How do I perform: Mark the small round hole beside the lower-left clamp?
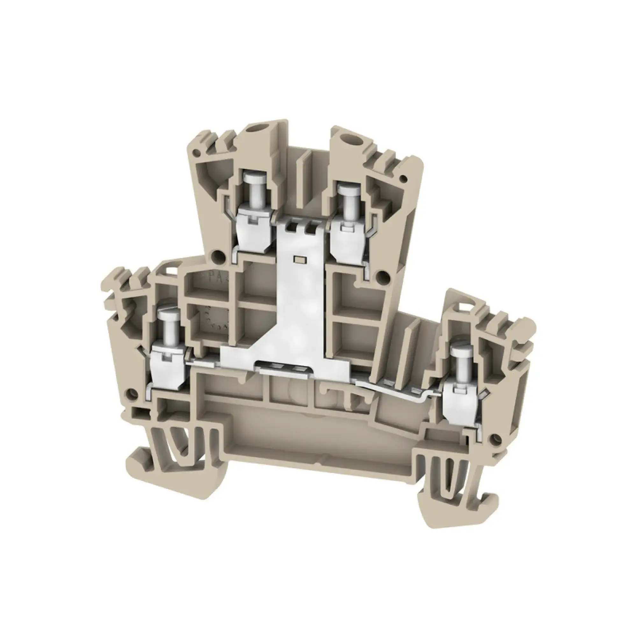132,393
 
